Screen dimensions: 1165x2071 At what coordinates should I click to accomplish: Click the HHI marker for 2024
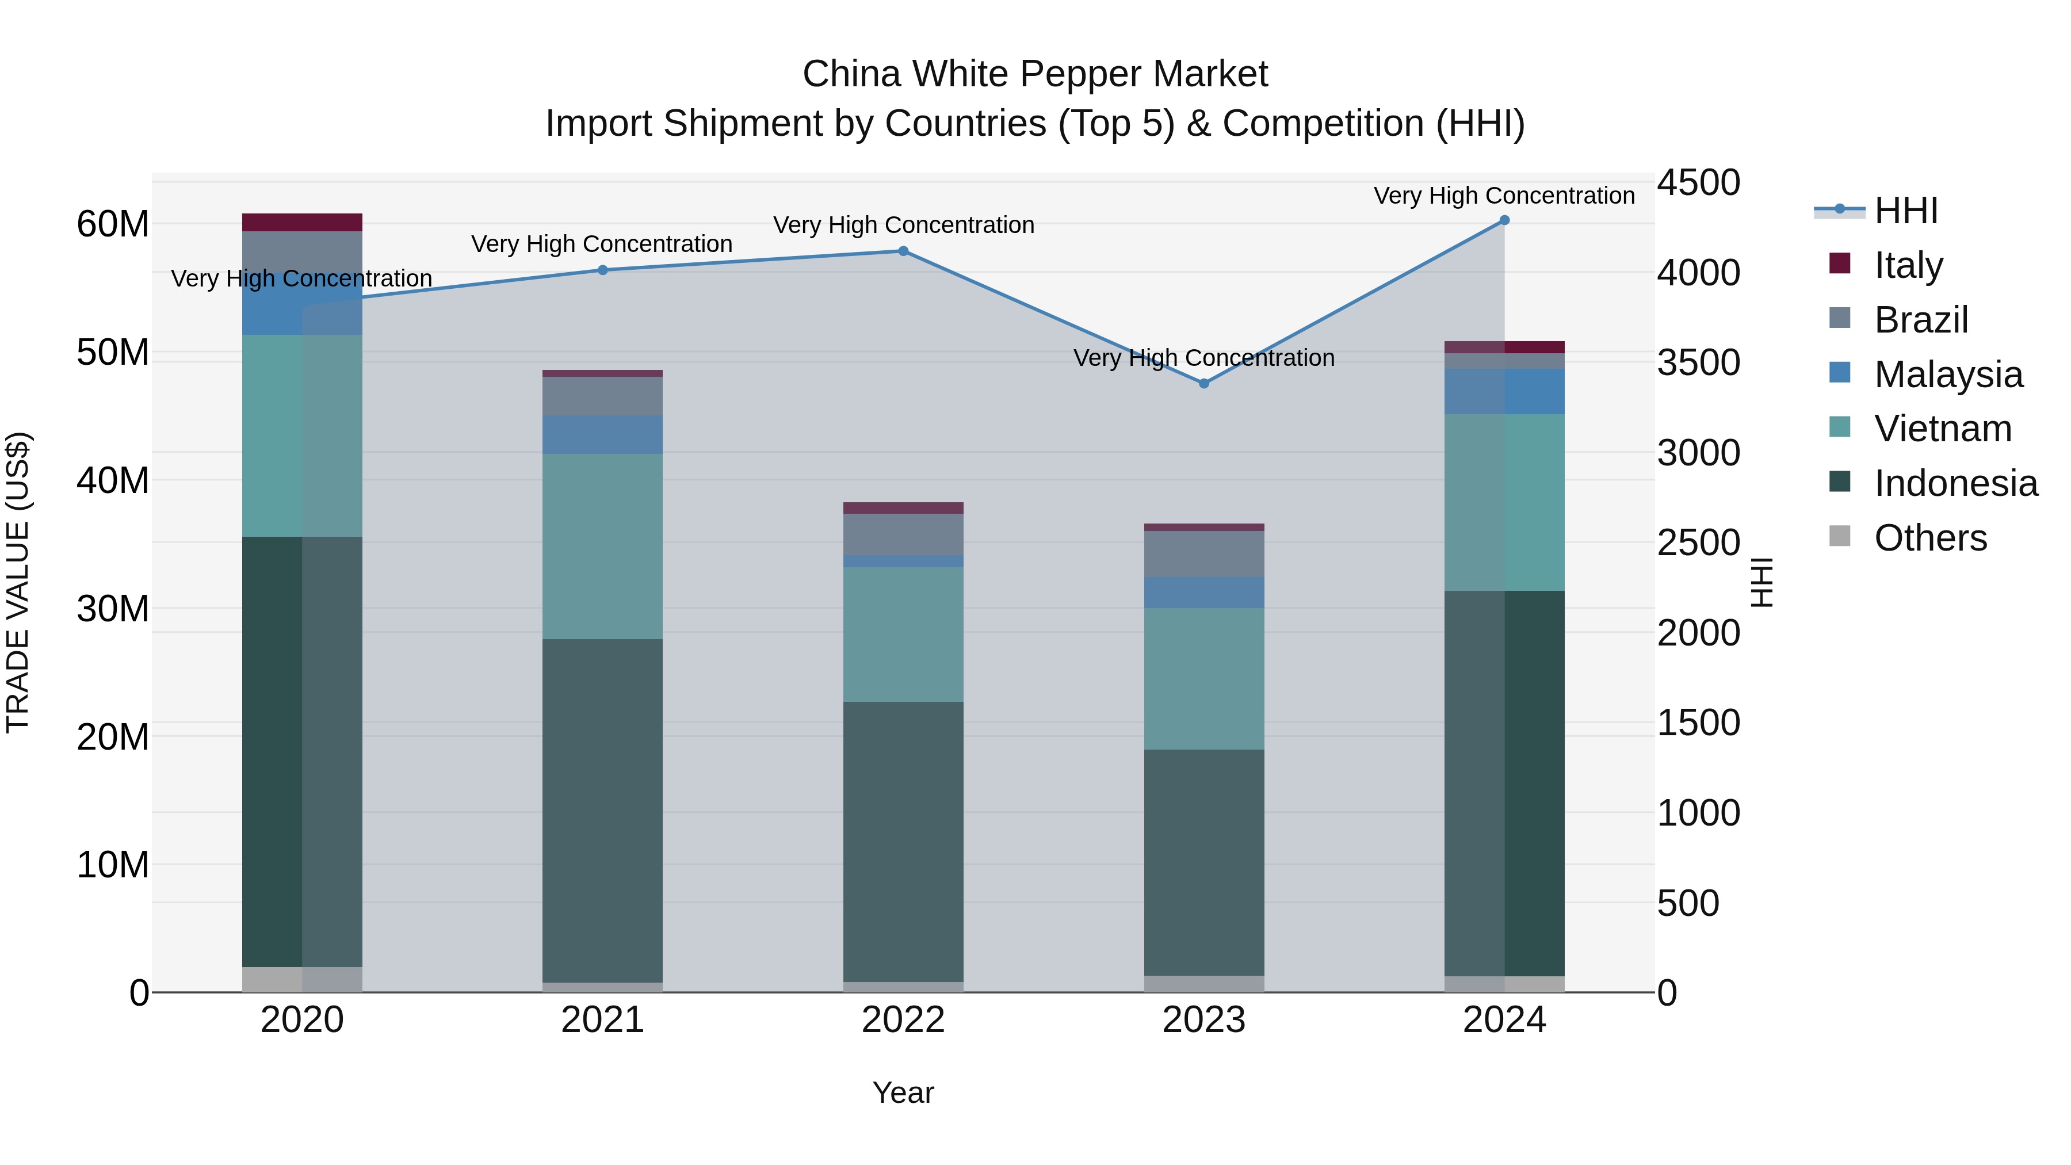tap(1504, 220)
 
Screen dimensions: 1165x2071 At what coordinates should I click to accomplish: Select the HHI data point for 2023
tap(1203, 384)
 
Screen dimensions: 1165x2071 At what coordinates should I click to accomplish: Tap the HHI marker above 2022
tap(903, 251)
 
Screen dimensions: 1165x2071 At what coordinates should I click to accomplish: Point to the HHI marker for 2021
tap(602, 270)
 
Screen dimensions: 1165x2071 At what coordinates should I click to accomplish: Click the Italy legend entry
tap(1907, 265)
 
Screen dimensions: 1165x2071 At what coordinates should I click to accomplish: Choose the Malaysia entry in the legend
tap(1947, 374)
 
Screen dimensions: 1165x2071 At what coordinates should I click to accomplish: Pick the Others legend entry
tap(1929, 538)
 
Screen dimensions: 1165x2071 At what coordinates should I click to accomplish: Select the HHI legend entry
tap(1905, 211)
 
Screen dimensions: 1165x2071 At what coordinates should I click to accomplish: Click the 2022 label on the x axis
tap(903, 1020)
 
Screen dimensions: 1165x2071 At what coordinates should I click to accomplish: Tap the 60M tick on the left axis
tap(113, 224)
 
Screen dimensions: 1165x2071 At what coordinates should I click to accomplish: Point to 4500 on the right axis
tap(1698, 182)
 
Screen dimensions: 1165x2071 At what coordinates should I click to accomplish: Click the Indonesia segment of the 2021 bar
tap(602, 811)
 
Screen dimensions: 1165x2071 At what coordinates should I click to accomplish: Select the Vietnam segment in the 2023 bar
tap(1203, 679)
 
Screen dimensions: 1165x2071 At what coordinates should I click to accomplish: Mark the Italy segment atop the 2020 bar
tap(301, 222)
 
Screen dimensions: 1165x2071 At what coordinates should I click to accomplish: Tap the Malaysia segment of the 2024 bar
tap(1504, 392)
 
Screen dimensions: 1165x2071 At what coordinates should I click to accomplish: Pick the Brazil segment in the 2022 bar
tap(903, 534)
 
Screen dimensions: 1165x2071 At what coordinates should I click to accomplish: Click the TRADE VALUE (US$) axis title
tap(18, 582)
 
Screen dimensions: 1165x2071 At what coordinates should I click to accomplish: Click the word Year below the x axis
tap(903, 1093)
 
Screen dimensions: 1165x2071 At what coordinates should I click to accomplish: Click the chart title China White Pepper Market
tap(1035, 74)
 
